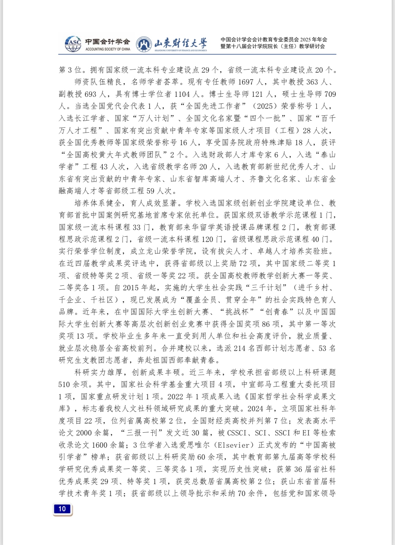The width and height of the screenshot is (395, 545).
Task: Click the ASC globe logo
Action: tap(73, 44)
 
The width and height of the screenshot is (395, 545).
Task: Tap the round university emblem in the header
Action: tap(144, 44)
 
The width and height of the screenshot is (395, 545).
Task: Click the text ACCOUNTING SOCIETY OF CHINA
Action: tap(108, 49)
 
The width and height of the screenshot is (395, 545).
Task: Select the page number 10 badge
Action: tap(62, 509)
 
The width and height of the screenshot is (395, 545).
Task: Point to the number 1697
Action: tap(246, 82)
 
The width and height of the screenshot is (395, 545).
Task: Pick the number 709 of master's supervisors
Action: tap(330, 94)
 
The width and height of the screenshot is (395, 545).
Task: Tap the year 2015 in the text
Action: tap(131, 288)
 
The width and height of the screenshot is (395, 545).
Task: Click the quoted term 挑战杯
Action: tap(237, 312)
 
